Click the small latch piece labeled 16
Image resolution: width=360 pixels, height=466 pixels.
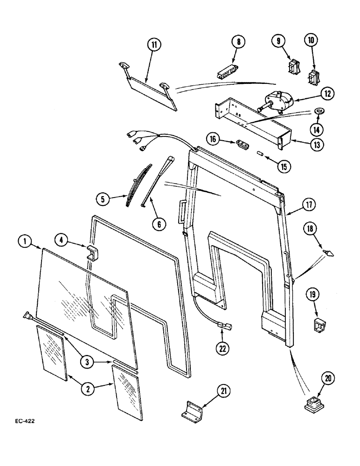pyautogui.click(x=241, y=144)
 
